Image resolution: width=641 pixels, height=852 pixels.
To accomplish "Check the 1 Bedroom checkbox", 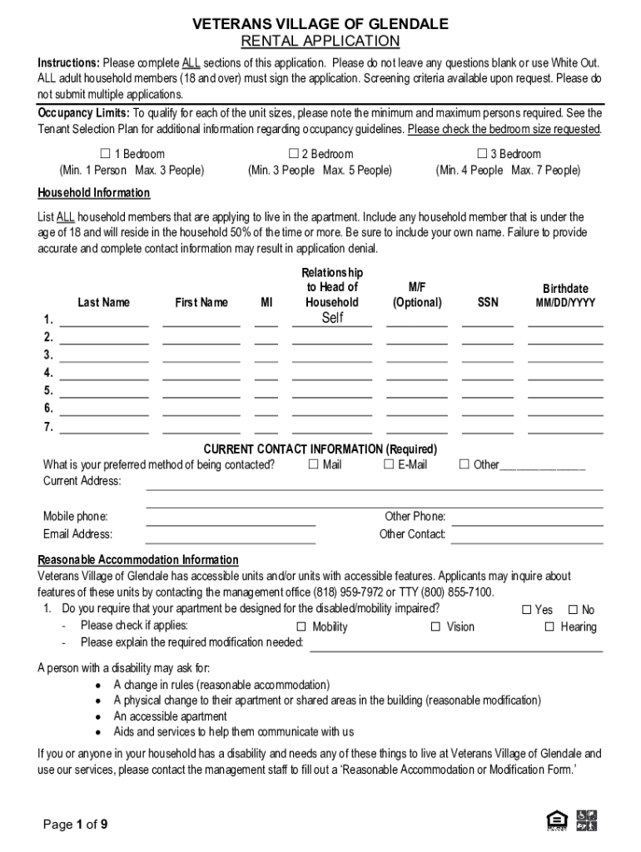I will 106,154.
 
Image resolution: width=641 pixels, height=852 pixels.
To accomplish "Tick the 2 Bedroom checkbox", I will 293,154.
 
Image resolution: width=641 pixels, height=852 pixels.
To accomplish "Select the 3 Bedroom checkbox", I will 481,154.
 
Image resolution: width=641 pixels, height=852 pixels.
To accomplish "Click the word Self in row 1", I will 332,318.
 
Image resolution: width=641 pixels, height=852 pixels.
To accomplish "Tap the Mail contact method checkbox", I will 313,464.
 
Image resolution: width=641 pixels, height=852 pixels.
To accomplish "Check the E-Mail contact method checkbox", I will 388,464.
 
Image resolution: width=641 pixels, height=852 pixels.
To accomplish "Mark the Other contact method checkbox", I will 465,464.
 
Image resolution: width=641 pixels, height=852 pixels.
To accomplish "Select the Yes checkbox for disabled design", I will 526,610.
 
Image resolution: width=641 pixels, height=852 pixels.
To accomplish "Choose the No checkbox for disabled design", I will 573,610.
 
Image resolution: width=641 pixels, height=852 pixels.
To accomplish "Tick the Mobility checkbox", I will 303,627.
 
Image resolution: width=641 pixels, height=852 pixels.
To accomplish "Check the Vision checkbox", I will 435,627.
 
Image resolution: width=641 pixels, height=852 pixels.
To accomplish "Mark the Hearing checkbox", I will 549,627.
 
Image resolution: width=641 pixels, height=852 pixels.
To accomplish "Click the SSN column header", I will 488,303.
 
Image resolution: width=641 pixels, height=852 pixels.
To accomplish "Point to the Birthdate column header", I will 565,289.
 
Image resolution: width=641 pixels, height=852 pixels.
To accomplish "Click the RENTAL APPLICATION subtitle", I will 320,42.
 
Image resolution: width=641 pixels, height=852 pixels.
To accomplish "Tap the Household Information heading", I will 94,193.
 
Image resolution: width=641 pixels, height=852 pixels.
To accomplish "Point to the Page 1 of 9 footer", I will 75,825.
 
